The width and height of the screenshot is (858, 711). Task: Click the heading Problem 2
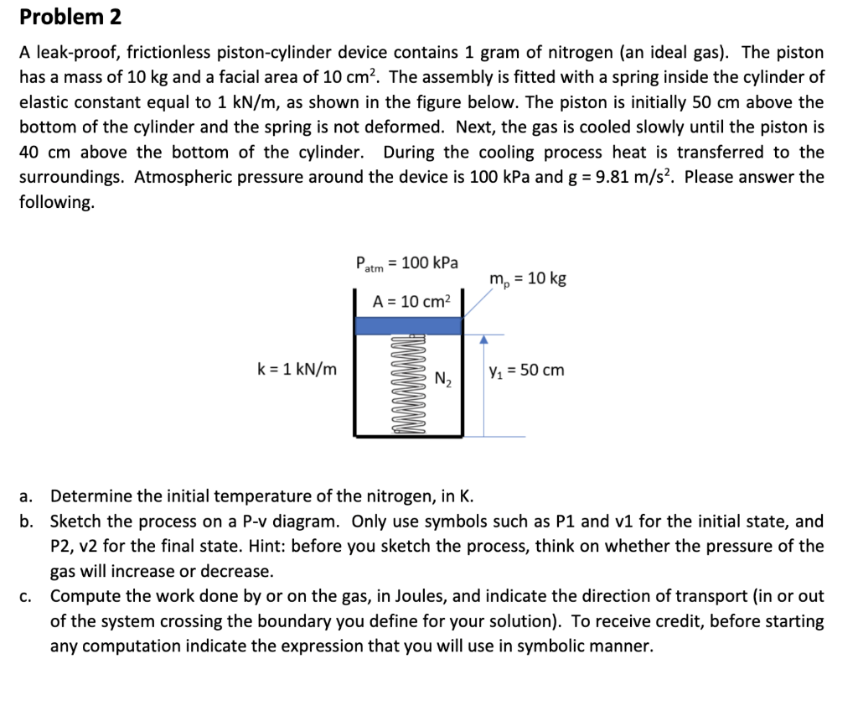71,16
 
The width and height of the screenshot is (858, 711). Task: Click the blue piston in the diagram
408,325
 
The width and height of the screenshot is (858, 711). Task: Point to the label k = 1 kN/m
297,370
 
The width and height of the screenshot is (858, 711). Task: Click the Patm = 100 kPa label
407,263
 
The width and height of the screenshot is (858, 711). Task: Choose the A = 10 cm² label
411,301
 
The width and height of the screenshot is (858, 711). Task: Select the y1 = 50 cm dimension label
525,370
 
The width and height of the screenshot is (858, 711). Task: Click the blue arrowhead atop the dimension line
483,340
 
